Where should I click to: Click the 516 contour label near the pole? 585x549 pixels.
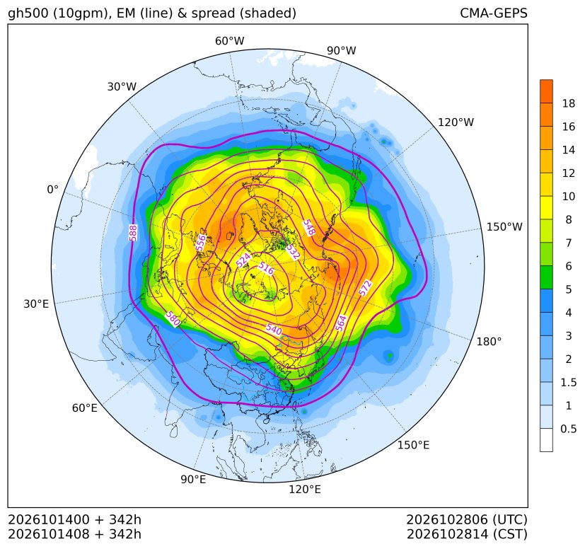(266, 268)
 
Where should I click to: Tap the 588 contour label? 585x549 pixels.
(133, 233)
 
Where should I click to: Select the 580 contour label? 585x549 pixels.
(173, 319)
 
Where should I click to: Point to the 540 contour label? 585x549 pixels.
(274, 329)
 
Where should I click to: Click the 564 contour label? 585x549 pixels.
(341, 323)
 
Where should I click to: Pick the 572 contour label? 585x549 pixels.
(365, 288)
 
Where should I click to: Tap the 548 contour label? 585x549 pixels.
(309, 228)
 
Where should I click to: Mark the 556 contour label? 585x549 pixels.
(201, 243)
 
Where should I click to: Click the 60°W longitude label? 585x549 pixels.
(229, 41)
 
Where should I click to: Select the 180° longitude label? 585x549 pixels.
(489, 342)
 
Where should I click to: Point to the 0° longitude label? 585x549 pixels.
(52, 190)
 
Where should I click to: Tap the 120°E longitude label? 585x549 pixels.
(304, 490)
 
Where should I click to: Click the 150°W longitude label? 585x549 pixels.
(504, 226)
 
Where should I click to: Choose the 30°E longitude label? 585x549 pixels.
(36, 304)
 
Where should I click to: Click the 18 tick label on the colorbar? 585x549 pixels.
(569, 103)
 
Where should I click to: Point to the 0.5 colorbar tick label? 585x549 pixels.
(568, 429)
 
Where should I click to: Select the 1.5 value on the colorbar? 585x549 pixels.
(568, 382)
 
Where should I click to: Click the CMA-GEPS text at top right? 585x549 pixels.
(494, 13)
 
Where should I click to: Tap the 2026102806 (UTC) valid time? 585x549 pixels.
(467, 519)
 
